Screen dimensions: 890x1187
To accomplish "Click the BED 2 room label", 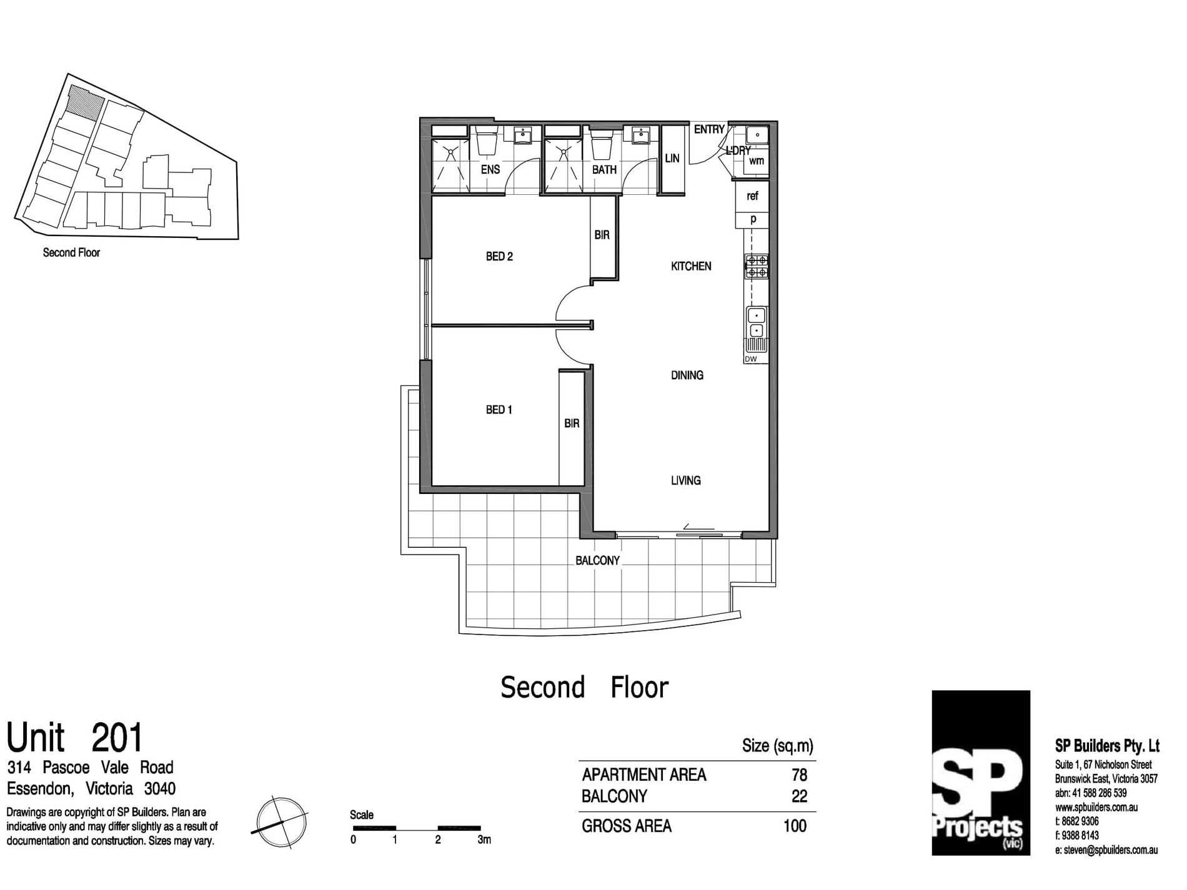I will [499, 256].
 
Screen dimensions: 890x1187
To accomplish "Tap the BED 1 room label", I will [499, 410].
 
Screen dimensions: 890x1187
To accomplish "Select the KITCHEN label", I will [691, 266].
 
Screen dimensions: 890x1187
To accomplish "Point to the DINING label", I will [687, 375].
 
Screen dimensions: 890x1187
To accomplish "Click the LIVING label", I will [685, 480].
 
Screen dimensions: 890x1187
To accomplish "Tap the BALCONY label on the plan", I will [597, 560].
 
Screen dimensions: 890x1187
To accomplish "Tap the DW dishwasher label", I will [751, 359].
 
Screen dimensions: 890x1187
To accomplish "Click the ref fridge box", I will [752, 195].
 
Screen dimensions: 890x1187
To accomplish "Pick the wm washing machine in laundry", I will [757, 161].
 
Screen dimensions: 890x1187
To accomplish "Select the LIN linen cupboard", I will [672, 159].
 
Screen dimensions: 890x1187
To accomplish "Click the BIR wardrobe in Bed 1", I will [572, 423].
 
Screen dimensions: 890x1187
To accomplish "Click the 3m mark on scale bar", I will [484, 839].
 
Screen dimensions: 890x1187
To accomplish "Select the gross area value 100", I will [795, 826].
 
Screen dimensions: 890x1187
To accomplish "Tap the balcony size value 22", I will [799, 796].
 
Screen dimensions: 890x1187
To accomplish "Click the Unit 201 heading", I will [75, 738].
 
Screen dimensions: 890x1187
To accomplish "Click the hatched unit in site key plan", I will [84, 103].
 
